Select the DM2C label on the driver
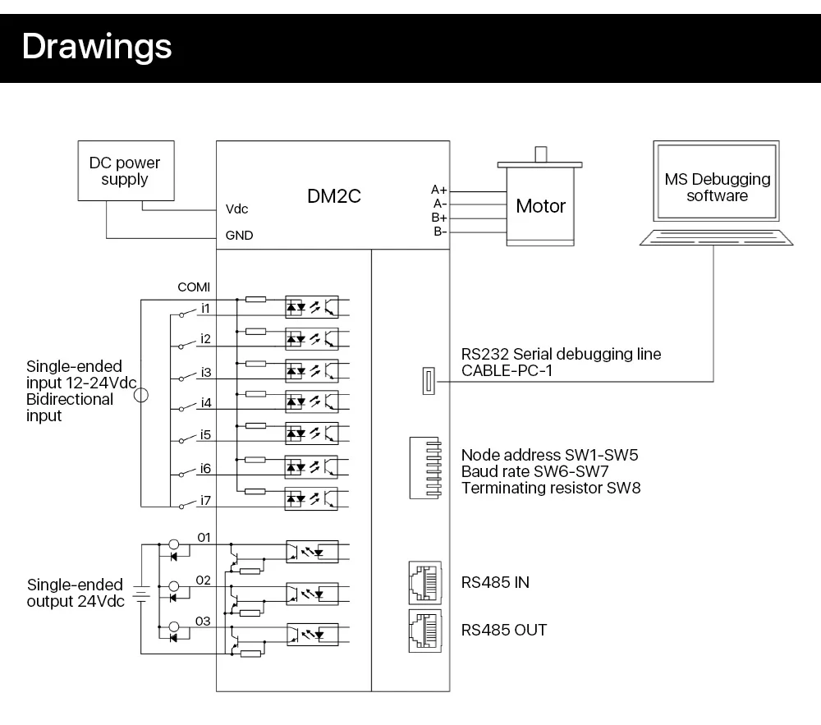[x=334, y=196]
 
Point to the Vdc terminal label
[x=236, y=209]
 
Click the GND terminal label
[x=239, y=236]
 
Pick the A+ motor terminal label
[x=438, y=190]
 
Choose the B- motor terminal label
[x=440, y=232]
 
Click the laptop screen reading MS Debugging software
[x=716, y=181]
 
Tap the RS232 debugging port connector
[x=429, y=380]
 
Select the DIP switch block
[x=425, y=467]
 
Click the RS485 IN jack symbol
[x=424, y=583]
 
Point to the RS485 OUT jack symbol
[x=424, y=631]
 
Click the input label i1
[x=205, y=309]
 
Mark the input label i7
[x=205, y=500]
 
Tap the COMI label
[x=194, y=287]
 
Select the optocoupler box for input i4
[x=311, y=402]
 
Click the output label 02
[x=203, y=580]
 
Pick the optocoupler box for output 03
[x=313, y=635]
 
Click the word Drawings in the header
[x=97, y=46]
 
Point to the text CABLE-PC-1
[x=507, y=370]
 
